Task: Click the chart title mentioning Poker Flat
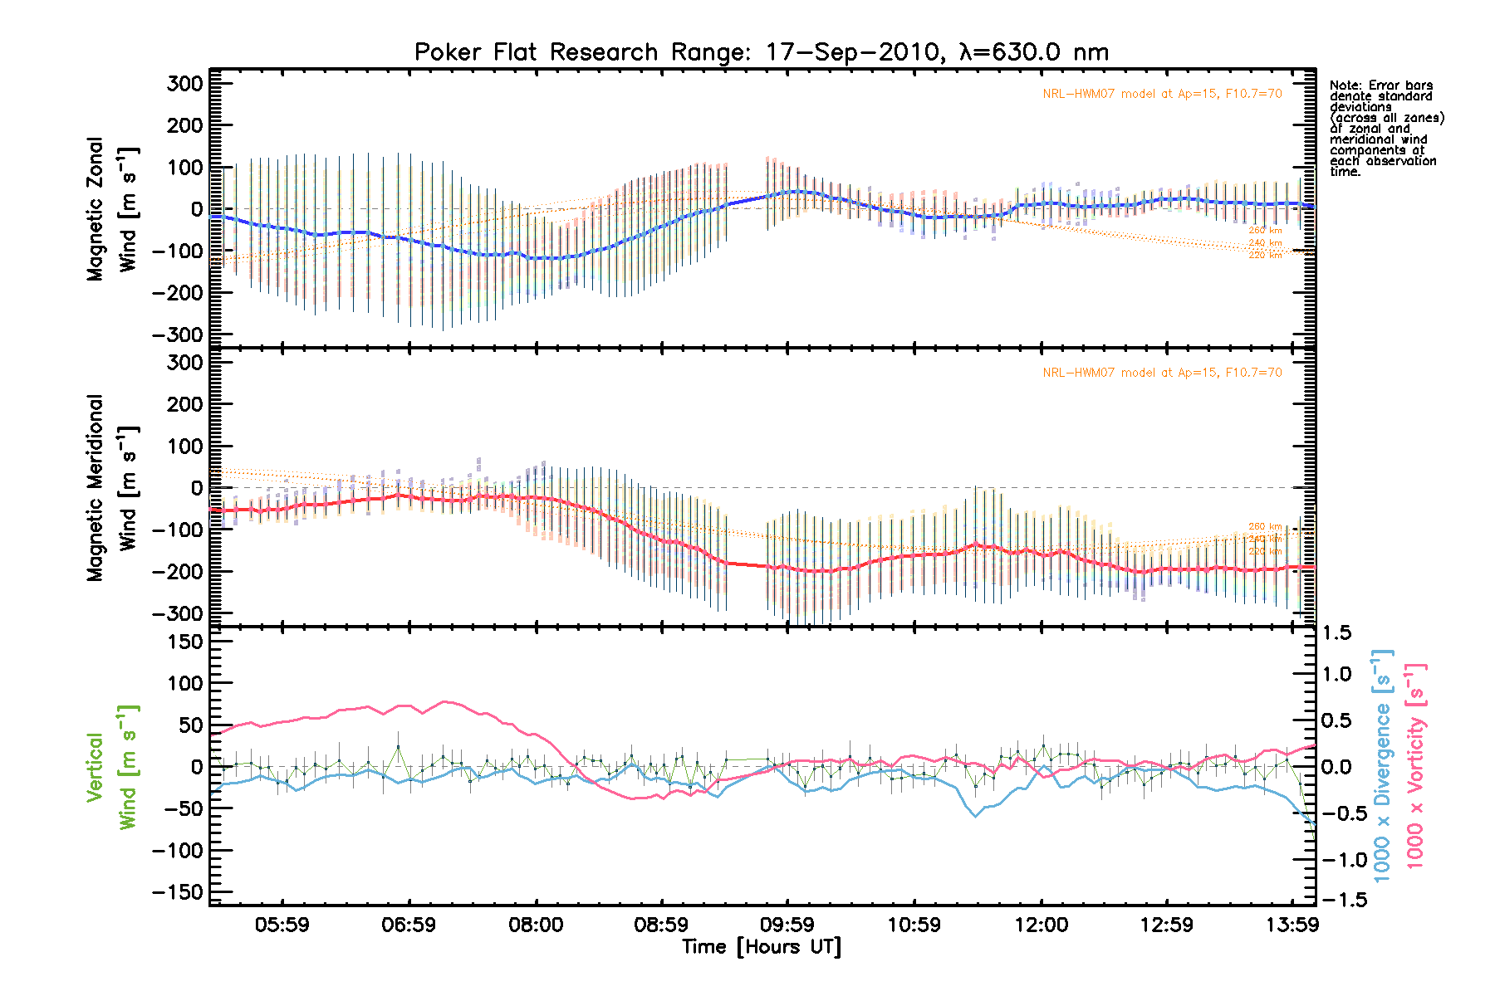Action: (x=762, y=52)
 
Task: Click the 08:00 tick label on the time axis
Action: (x=536, y=925)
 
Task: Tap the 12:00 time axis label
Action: (x=1041, y=925)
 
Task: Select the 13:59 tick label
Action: (x=1292, y=925)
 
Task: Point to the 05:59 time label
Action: (x=282, y=925)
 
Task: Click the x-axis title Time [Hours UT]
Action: (x=762, y=947)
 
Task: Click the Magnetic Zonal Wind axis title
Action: (x=112, y=209)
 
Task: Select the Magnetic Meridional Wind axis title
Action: (x=112, y=487)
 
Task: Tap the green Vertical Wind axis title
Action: (x=112, y=767)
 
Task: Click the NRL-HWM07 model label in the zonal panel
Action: (x=1162, y=94)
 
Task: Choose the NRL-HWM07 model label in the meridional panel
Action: (x=1162, y=373)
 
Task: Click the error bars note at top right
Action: (x=1385, y=129)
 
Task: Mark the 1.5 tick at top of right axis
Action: (x=1336, y=633)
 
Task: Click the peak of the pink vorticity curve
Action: (x=446, y=701)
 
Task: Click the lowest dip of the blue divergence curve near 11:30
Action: (x=976, y=817)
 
